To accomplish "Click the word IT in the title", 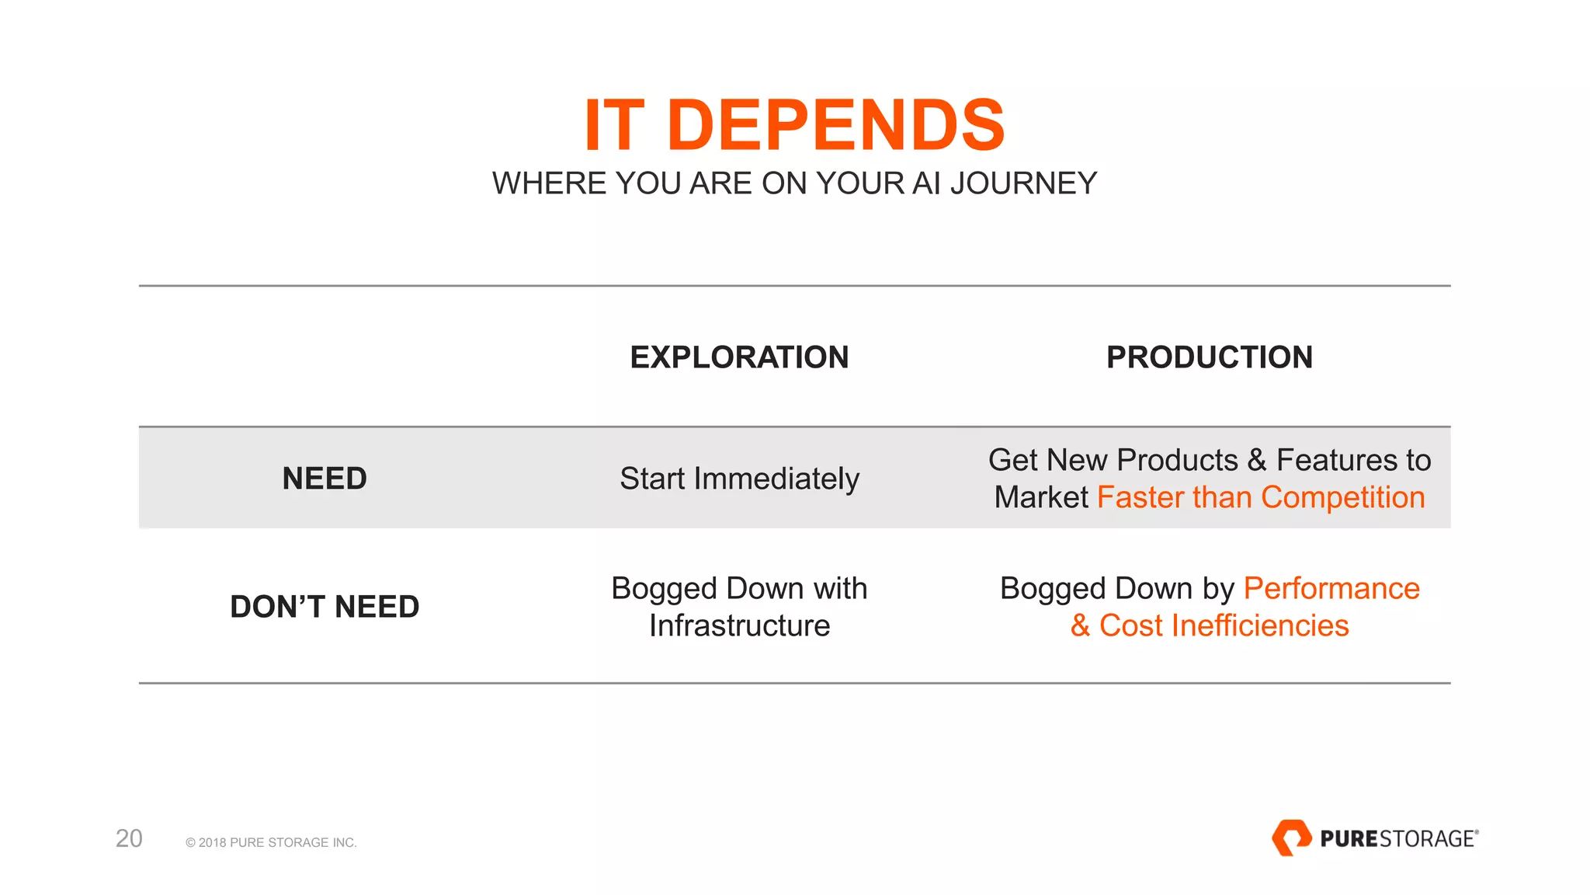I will point(614,125).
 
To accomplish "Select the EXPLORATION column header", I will point(739,357).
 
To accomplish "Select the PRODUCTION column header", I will point(1209,357).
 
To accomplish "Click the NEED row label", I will point(325,479).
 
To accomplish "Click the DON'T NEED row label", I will point(325,607).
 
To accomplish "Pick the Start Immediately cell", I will point(739,479).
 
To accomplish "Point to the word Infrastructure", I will point(739,625).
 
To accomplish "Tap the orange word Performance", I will point(1331,588).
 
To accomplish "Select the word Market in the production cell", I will point(1041,497).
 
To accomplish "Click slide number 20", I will point(129,838).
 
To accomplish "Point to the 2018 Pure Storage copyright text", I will point(271,842).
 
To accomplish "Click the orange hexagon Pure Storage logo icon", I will point(1290,838).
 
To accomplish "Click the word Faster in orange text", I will point(1140,497).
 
